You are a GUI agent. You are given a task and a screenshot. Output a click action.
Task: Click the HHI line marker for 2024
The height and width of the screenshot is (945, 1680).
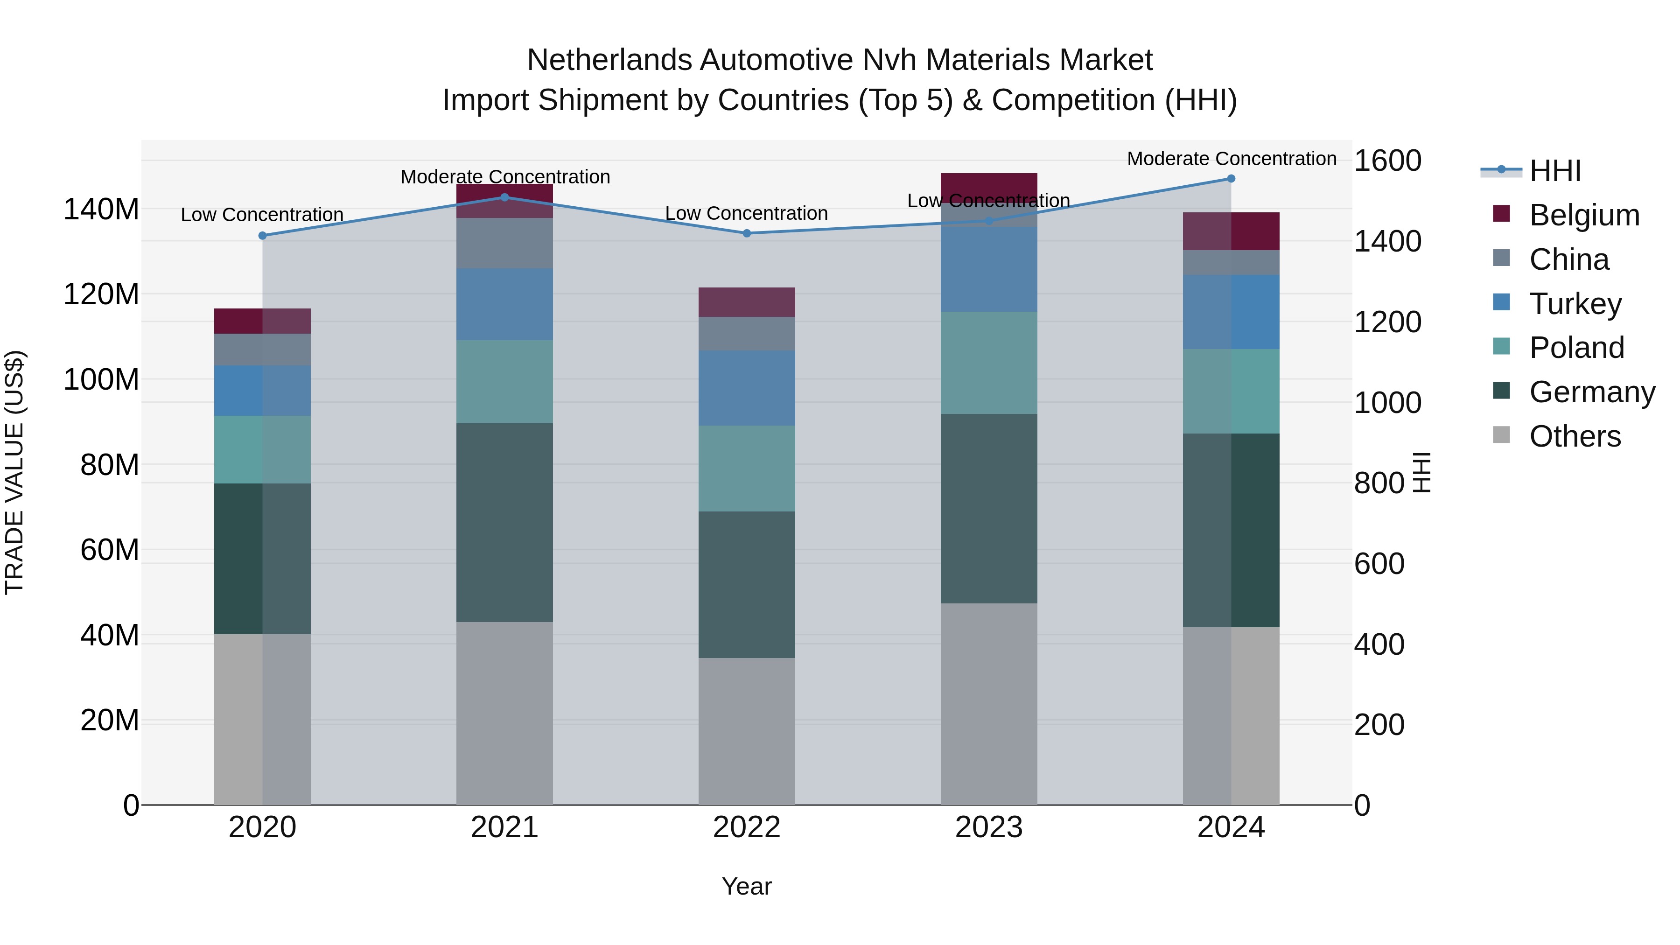[x=1231, y=179]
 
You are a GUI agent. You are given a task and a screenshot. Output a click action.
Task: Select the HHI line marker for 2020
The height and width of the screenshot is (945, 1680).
[x=263, y=236]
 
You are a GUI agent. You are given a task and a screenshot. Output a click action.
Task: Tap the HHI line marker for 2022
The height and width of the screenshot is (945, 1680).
[x=747, y=233]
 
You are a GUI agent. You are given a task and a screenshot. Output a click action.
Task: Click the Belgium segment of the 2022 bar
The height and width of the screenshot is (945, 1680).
[x=747, y=302]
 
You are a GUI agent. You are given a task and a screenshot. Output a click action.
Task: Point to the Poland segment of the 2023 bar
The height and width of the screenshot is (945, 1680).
[x=989, y=363]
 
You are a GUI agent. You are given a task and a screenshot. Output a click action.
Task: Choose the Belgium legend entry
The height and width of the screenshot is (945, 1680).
[x=1583, y=215]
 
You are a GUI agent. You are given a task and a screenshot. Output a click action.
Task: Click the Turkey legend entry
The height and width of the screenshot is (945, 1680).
[x=1575, y=304]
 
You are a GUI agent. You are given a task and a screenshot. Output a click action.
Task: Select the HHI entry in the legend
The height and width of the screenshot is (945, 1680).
[x=1555, y=171]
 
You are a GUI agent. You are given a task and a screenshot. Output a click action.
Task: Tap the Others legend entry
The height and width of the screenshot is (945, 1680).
[x=1575, y=436]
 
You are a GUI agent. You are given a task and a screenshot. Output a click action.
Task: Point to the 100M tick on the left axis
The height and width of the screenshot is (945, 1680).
[x=101, y=379]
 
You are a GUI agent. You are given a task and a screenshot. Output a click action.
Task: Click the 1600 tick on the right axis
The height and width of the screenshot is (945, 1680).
[x=1387, y=161]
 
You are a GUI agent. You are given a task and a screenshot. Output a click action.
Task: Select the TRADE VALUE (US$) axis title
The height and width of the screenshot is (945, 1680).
[x=14, y=472]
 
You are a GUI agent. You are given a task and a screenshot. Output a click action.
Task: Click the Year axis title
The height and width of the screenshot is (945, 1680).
[x=746, y=886]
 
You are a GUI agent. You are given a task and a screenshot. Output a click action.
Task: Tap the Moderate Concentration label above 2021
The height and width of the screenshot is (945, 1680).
[x=505, y=177]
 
